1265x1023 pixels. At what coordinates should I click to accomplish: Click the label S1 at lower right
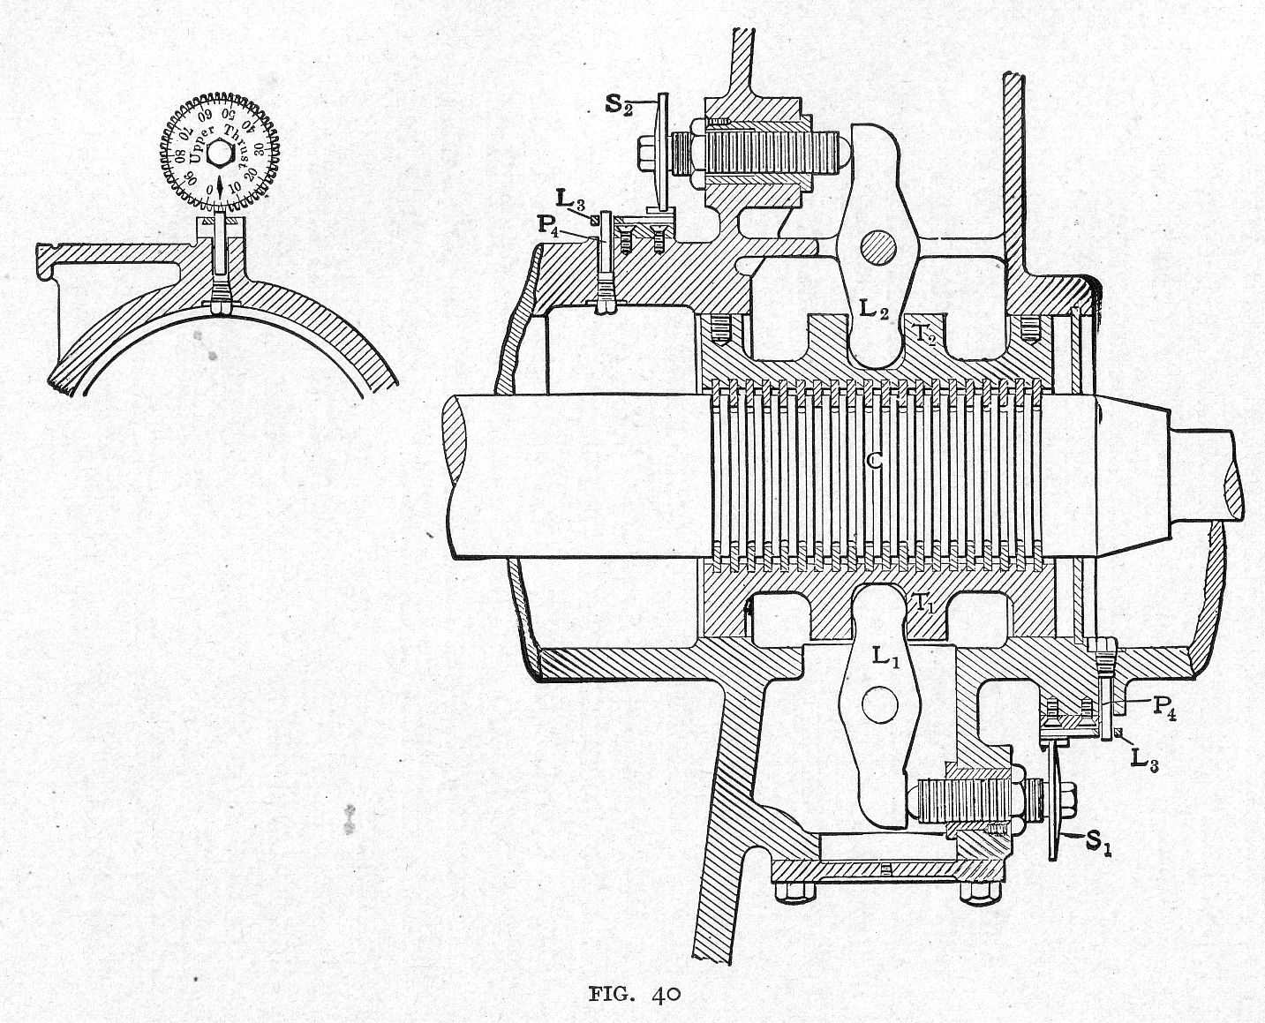tap(1097, 842)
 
